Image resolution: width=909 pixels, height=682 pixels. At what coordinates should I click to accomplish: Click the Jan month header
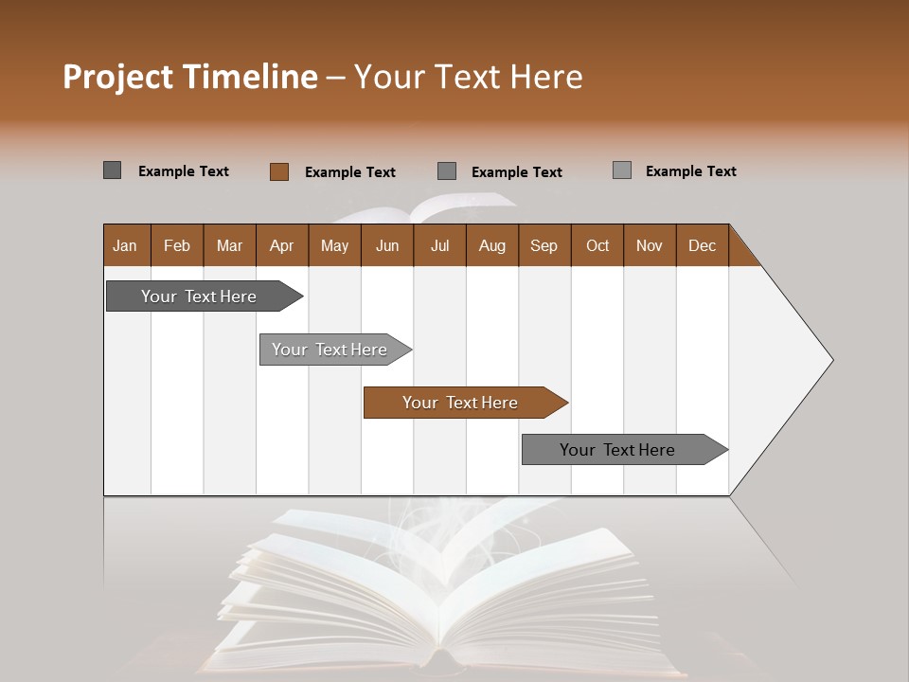click(x=125, y=245)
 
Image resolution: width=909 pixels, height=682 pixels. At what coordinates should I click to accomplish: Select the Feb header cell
click(x=177, y=245)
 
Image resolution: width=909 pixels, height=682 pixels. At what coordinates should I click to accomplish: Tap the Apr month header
click(x=282, y=245)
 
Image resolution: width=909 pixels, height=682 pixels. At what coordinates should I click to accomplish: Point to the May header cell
click(x=334, y=245)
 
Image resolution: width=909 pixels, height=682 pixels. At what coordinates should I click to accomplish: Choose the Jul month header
click(x=439, y=245)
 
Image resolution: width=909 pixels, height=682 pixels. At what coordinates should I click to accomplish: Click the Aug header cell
click(x=492, y=245)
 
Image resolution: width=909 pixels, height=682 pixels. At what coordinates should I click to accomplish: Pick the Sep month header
click(x=544, y=245)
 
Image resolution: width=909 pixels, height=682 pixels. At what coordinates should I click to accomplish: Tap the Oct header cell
click(x=597, y=245)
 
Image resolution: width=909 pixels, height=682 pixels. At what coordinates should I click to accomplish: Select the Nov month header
click(x=650, y=245)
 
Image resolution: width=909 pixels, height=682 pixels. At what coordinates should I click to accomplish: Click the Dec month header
click(x=703, y=245)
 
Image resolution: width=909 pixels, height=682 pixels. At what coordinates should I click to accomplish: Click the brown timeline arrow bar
click(x=464, y=403)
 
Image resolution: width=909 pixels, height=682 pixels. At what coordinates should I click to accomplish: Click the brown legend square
click(x=279, y=171)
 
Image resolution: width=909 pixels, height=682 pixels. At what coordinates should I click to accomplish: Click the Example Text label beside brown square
click(x=350, y=172)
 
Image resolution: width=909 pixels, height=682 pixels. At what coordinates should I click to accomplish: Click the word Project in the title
click(x=118, y=77)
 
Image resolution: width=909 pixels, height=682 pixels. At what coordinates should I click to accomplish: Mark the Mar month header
click(x=229, y=245)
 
